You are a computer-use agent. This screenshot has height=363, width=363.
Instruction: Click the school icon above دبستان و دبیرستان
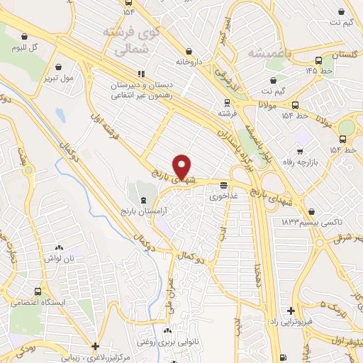tap(141, 74)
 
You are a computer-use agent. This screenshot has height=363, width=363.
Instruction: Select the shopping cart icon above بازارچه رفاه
tap(300, 151)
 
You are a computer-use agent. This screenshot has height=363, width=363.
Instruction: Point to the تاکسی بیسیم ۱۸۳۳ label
tap(306, 223)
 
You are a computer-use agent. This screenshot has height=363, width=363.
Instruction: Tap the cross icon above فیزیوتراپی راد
tap(291, 311)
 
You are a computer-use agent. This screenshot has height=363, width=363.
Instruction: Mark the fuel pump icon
tap(284, 357)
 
